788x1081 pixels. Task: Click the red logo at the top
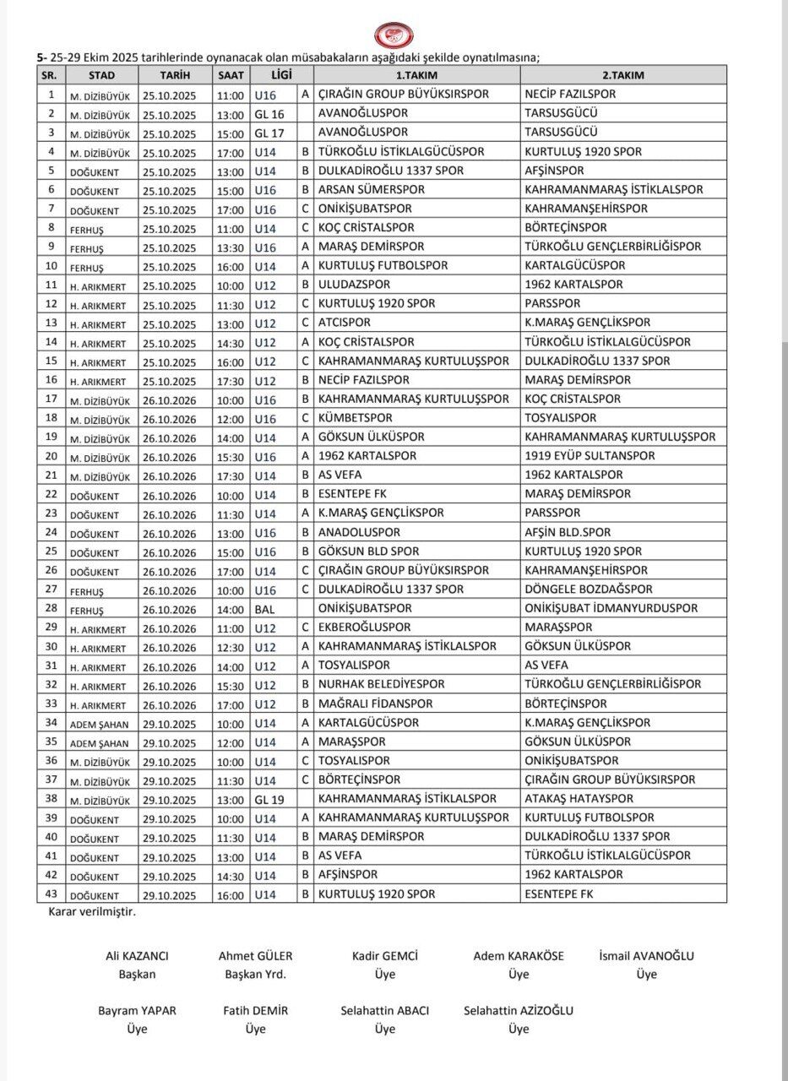tap(394, 35)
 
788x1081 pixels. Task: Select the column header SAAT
tap(231, 75)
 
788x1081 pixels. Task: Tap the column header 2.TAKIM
tap(622, 75)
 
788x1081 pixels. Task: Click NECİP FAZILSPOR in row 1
tap(570, 95)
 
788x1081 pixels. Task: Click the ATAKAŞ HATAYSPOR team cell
tap(579, 799)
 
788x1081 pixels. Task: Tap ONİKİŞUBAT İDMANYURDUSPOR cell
tap(611, 609)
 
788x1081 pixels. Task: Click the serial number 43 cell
tap(52, 894)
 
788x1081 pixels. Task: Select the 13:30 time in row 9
tap(231, 247)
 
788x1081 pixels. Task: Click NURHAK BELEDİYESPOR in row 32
tap(381, 685)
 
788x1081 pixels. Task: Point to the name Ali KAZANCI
tap(137, 956)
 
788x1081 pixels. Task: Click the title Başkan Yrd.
tap(255, 975)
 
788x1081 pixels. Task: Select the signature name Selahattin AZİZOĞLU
tap(519, 1011)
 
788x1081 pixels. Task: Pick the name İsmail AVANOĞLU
tap(646, 956)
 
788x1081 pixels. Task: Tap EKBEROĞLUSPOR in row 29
tap(364, 627)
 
